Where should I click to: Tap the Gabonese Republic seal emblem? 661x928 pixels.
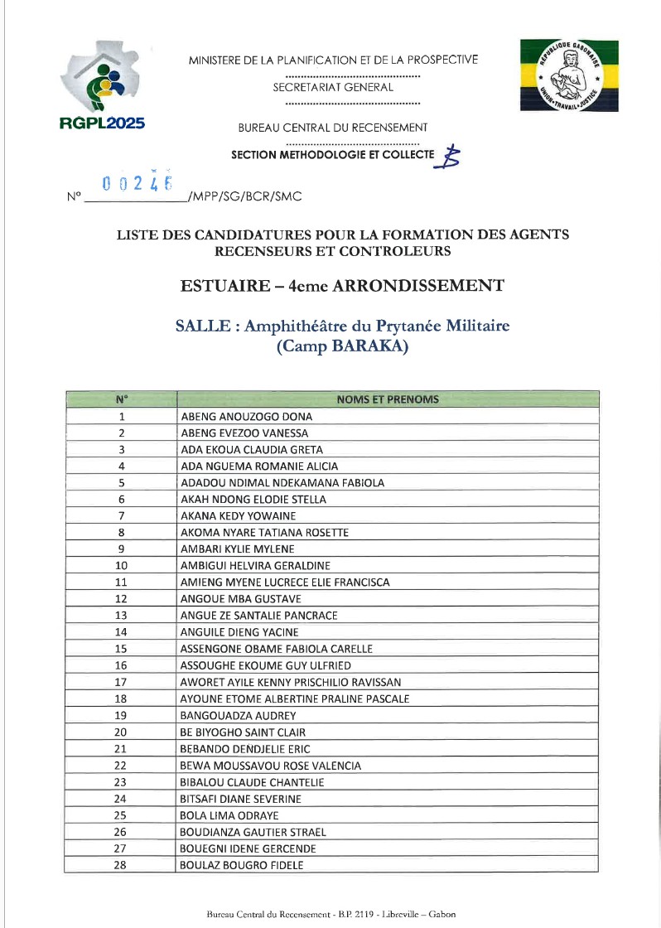(569, 75)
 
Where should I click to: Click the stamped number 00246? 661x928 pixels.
(138, 181)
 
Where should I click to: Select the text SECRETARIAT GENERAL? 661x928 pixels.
(333, 87)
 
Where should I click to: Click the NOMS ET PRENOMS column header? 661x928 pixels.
(388, 399)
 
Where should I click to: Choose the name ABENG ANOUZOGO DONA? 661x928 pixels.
(246, 417)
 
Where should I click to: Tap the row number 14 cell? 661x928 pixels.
(121, 633)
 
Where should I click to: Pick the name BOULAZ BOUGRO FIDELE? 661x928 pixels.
(242, 865)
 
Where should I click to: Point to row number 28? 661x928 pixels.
(121, 865)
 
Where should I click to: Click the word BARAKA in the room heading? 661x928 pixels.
(369, 348)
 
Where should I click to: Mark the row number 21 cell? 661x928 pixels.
(121, 749)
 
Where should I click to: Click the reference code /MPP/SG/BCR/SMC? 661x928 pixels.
(244, 197)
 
